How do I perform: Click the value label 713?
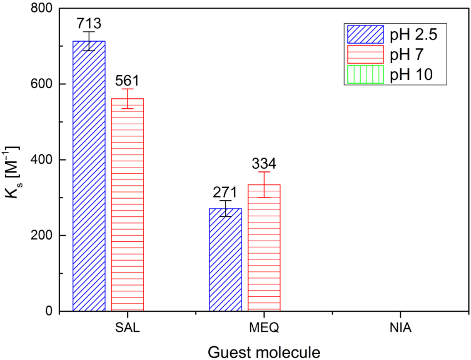coord(89,23)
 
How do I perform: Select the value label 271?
coord(226,192)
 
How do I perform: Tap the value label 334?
coord(264,164)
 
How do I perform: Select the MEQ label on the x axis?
coord(265,327)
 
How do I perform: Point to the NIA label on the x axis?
coord(401,327)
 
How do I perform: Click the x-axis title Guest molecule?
coord(264,351)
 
